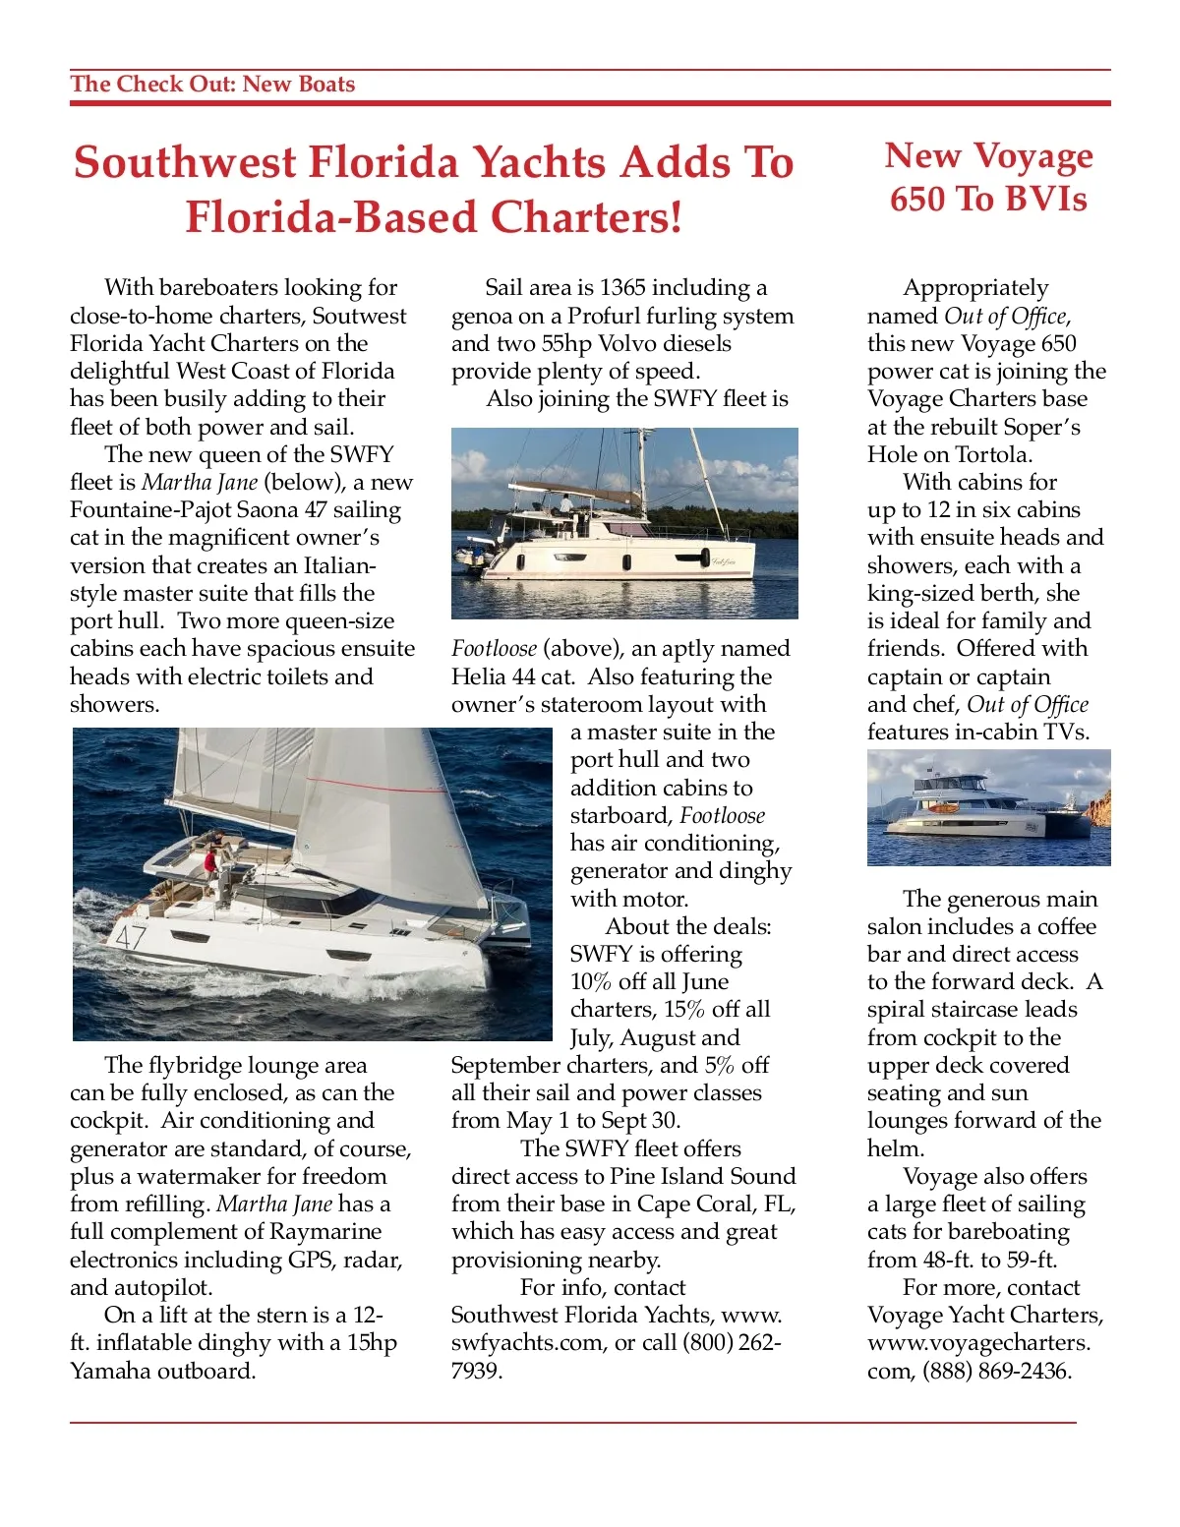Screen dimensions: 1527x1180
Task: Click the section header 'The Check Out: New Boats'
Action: (x=212, y=85)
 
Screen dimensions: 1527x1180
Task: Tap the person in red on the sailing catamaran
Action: (x=210, y=862)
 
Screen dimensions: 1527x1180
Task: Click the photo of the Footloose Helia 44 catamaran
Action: (x=624, y=523)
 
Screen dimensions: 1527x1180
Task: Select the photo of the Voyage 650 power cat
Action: (x=988, y=807)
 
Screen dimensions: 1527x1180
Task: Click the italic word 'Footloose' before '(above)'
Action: (x=494, y=649)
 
